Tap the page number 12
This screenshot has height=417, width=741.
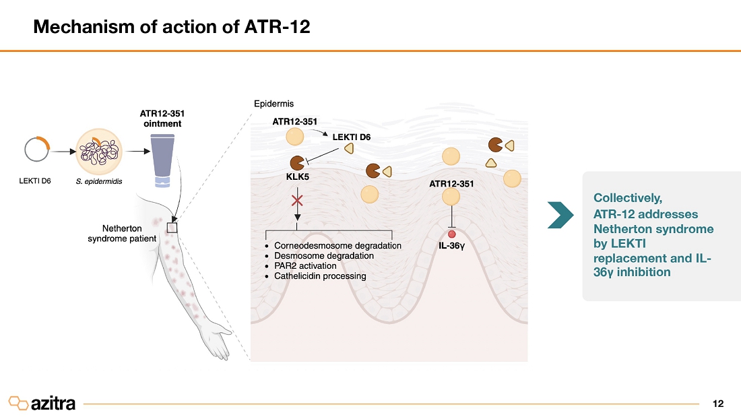point(717,404)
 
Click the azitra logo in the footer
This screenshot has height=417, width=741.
point(42,403)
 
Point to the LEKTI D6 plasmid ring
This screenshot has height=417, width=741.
point(35,150)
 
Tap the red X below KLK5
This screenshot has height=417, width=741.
point(296,199)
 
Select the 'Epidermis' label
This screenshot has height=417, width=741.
point(273,104)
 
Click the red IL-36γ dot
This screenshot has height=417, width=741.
point(451,234)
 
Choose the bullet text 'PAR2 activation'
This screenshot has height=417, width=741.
point(305,265)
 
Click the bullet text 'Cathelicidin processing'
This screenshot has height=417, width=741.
point(320,276)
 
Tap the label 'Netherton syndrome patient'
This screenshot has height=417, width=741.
point(122,234)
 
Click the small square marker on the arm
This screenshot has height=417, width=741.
point(172,228)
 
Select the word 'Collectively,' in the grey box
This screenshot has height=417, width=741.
point(628,198)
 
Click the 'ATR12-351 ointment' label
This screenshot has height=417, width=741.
point(157,119)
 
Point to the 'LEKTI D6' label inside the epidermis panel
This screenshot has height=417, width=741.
point(352,137)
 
